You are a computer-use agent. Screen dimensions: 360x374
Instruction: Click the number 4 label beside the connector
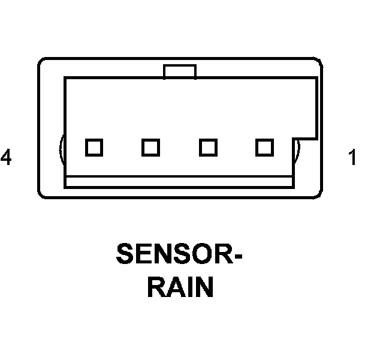(6, 158)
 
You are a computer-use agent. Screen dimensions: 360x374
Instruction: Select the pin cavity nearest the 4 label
(93, 147)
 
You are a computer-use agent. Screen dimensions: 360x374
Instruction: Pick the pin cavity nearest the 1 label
(264, 147)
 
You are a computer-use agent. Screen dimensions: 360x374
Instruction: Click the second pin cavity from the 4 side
(150, 147)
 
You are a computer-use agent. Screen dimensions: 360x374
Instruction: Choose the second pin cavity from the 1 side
(208, 147)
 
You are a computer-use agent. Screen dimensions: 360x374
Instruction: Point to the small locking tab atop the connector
(179, 71)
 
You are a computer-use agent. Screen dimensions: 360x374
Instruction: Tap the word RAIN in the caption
(180, 287)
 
